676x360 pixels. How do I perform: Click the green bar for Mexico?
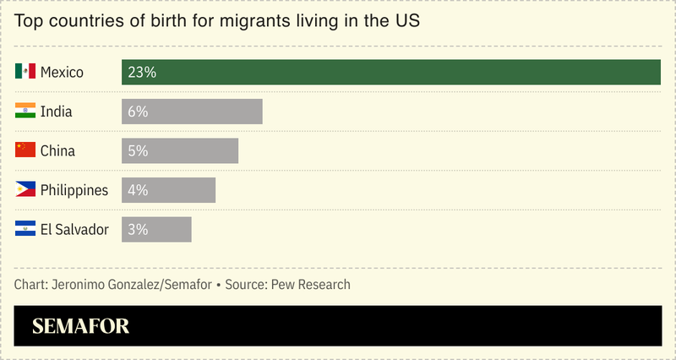(x=390, y=73)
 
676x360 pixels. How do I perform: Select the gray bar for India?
(x=192, y=112)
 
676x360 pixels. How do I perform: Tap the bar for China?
(x=180, y=150)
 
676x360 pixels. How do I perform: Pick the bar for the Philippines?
(x=168, y=190)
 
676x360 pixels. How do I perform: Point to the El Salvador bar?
(x=156, y=229)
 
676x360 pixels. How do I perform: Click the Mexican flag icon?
(x=25, y=72)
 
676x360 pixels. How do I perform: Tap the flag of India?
(x=25, y=112)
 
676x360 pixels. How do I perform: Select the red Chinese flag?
(x=25, y=150)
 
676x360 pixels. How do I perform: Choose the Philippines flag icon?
(x=25, y=190)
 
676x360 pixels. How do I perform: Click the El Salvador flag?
(x=25, y=229)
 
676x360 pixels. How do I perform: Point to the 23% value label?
(x=142, y=73)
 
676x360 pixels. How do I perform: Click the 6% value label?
(x=138, y=112)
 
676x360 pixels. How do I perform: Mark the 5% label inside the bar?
(x=138, y=150)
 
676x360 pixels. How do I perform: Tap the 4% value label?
(x=138, y=190)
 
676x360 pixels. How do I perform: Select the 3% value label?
(x=138, y=229)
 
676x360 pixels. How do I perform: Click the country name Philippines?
(x=74, y=190)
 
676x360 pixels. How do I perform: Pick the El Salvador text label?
(x=74, y=229)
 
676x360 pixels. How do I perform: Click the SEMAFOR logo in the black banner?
(x=81, y=326)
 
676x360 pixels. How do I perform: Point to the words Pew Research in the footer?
(x=310, y=285)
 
